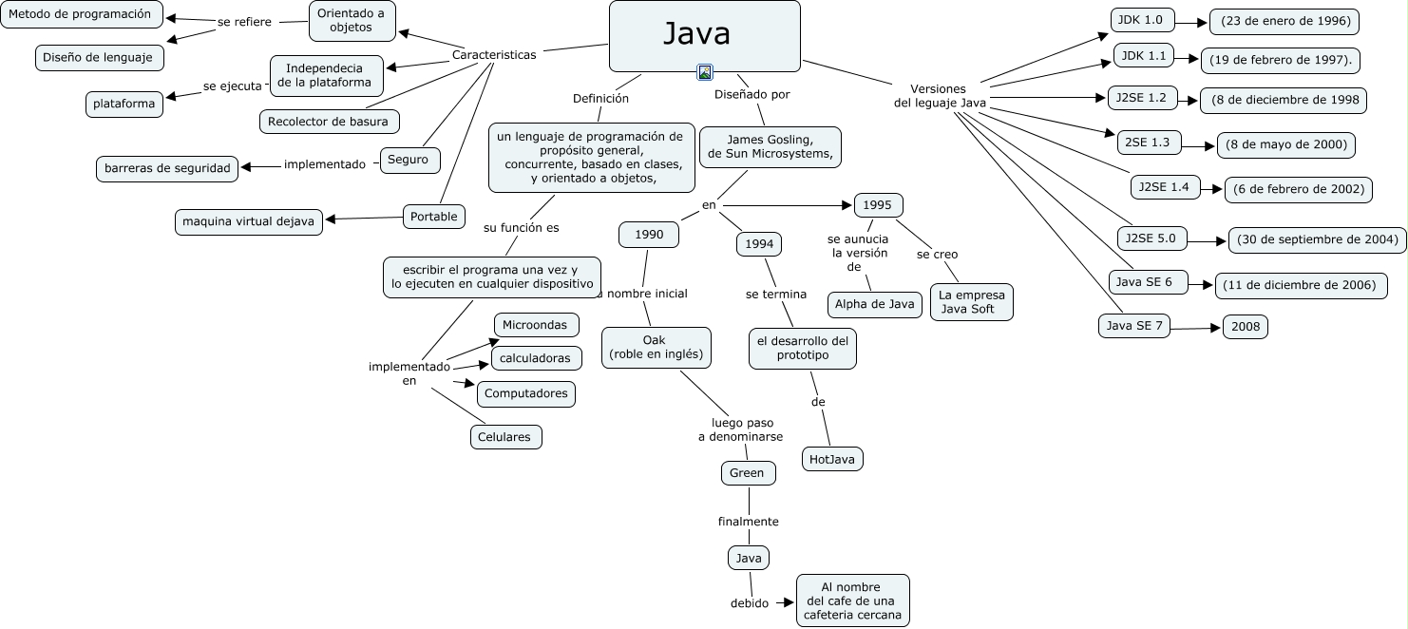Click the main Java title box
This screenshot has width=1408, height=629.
pyautogui.click(x=704, y=35)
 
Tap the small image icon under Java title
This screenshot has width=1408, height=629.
pyautogui.click(x=705, y=72)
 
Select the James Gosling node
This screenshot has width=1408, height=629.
pyautogui.click(x=770, y=146)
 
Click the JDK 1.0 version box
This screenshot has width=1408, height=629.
pyautogui.click(x=1143, y=20)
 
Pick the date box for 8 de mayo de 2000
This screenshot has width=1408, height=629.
pyautogui.click(x=1285, y=144)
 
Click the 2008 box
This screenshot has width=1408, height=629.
pyautogui.click(x=1245, y=326)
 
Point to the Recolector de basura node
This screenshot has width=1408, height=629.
pyautogui.click(x=328, y=122)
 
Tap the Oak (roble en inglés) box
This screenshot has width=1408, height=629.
pyautogui.click(x=656, y=347)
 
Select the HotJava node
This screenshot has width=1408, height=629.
pyautogui.click(x=832, y=459)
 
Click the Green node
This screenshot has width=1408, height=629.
pyautogui.click(x=748, y=472)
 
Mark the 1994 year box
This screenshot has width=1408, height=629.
pyautogui.click(x=758, y=244)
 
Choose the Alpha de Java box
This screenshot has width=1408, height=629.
pyautogui.click(x=874, y=304)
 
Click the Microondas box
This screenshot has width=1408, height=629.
pyautogui.click(x=536, y=325)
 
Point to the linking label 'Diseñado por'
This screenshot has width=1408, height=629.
pyautogui.click(x=752, y=94)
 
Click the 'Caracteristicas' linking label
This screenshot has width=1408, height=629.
pyautogui.click(x=494, y=54)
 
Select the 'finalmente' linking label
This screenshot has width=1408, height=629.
pyautogui.click(x=748, y=521)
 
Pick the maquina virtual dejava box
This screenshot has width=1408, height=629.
pyautogui.click(x=249, y=221)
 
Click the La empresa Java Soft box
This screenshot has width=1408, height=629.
pyautogui.click(x=971, y=301)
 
